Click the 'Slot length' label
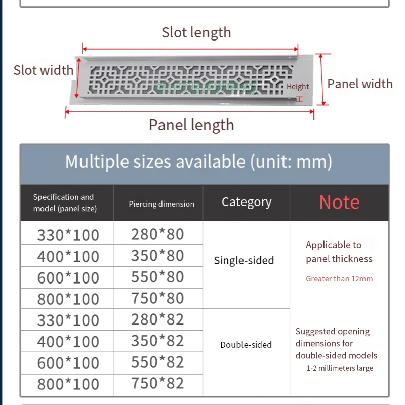[196, 33]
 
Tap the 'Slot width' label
[44, 70]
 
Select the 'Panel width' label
[360, 84]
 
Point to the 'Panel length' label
[191, 125]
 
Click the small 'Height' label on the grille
[298, 87]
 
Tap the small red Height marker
[299, 99]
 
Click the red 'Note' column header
[339, 202]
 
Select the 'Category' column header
[247, 202]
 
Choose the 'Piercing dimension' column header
[161, 204]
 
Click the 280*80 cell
[157, 234]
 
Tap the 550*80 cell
[157, 276]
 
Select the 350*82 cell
[157, 340]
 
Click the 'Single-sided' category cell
[244, 261]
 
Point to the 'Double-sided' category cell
[246, 345]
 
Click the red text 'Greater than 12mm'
[339, 279]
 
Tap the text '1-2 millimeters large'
[340, 368]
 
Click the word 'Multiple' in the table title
[97, 162]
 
